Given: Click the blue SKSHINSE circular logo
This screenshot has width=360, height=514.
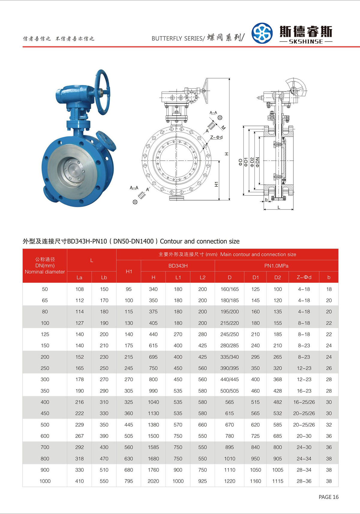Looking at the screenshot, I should point(262,33).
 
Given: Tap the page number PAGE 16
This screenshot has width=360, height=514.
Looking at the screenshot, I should point(328,497).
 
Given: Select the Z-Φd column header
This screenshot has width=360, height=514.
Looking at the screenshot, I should point(304,277).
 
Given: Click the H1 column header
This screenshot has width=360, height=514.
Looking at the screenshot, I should point(129,271).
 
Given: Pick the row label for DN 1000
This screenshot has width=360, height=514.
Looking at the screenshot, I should point(45,481).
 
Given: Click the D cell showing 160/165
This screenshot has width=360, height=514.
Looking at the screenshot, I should point(229,289).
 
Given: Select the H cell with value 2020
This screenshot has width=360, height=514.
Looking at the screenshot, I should point(153,481).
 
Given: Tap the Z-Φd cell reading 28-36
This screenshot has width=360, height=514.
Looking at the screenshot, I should point(304,481).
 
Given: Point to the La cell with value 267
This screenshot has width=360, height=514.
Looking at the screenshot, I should point(79,436).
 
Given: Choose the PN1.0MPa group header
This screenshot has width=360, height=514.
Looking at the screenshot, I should point(276,266).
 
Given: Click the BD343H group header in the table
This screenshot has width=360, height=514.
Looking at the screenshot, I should point(178,266).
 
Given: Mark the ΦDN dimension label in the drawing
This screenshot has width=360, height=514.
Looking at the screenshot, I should point(257,162).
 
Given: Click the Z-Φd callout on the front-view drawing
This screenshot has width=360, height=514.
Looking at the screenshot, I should point(216,137).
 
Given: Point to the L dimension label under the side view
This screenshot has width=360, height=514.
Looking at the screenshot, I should point(279,207).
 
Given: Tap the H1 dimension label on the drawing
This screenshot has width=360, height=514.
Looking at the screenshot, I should point(216,184).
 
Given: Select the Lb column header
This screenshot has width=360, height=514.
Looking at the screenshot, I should point(104,277).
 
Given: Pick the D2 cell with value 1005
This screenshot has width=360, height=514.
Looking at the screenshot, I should point(277,470).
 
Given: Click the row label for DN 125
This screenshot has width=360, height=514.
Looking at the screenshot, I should point(45,334).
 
